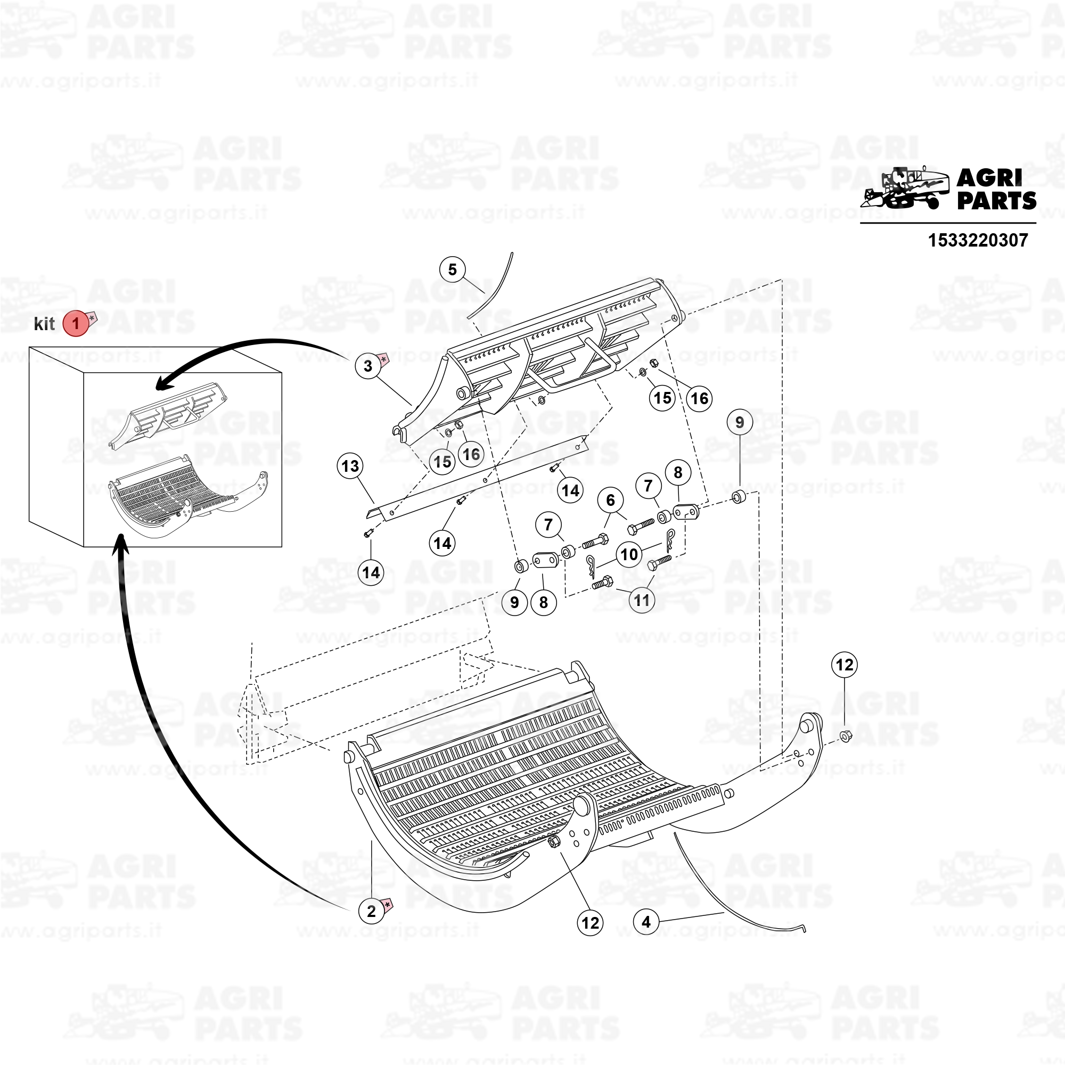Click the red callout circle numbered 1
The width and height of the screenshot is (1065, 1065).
[76, 324]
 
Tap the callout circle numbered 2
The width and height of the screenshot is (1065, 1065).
[371, 911]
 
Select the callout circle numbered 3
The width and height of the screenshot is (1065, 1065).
[367, 365]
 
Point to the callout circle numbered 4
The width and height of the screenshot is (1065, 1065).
[646, 922]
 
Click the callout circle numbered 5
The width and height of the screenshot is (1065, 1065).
[453, 269]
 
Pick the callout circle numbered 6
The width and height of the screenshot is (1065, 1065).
[610, 500]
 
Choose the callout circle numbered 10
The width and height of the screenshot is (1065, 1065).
[629, 554]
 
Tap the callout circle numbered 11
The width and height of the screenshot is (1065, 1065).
[642, 600]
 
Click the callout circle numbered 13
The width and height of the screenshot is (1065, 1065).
[350, 466]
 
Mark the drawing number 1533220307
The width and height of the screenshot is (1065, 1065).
[978, 240]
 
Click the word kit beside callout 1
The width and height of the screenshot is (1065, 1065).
[44, 324]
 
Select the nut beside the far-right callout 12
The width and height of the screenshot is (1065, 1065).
[846, 735]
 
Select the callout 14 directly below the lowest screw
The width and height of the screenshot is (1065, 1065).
[371, 573]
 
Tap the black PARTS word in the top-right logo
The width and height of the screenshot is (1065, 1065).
[997, 201]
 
